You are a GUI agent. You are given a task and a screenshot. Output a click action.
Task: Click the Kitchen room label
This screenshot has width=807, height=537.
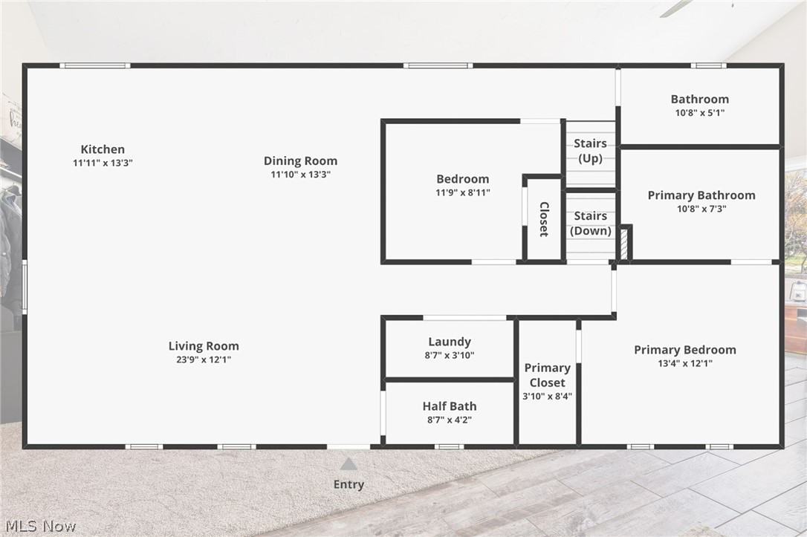tap(103, 149)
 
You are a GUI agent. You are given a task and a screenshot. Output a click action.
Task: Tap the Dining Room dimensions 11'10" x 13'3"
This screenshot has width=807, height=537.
tap(300, 175)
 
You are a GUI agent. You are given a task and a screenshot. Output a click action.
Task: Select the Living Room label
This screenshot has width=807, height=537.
tap(204, 346)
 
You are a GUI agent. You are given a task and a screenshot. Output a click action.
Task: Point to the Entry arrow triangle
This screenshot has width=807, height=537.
tap(349, 464)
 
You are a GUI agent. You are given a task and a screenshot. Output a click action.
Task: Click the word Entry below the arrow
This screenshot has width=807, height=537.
tap(349, 484)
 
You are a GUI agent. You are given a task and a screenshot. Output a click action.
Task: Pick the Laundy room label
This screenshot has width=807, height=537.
tap(450, 342)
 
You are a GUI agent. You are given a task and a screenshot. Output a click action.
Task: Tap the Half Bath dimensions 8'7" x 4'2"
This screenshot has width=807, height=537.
tap(450, 420)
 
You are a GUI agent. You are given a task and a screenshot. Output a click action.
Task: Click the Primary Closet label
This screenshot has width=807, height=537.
tap(547, 375)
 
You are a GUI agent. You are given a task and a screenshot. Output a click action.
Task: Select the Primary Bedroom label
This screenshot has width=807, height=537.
tap(685, 350)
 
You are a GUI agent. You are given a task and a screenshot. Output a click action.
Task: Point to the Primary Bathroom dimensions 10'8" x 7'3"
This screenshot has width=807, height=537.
tap(701, 209)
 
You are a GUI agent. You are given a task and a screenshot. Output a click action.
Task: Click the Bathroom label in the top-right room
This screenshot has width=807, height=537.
tap(700, 99)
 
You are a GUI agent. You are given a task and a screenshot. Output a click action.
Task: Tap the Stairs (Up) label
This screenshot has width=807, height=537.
tap(590, 151)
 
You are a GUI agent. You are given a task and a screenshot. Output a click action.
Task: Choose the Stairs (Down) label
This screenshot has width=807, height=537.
tap(590, 224)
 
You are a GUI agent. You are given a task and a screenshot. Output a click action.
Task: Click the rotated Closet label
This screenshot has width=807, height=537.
tap(544, 219)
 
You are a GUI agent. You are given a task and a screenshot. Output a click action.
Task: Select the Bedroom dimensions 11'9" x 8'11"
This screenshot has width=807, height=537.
tap(463, 193)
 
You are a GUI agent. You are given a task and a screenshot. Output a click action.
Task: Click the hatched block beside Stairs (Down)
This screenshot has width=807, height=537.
tap(624, 244)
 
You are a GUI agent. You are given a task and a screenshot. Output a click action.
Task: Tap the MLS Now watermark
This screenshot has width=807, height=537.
tap(41, 526)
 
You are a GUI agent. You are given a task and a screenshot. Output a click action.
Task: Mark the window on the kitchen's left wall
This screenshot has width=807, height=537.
tap(25, 286)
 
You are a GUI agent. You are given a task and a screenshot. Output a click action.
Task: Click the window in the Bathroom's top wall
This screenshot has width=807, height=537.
tap(708, 65)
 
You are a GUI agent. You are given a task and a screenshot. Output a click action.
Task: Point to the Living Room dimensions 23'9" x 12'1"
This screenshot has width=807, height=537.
tap(204, 359)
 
